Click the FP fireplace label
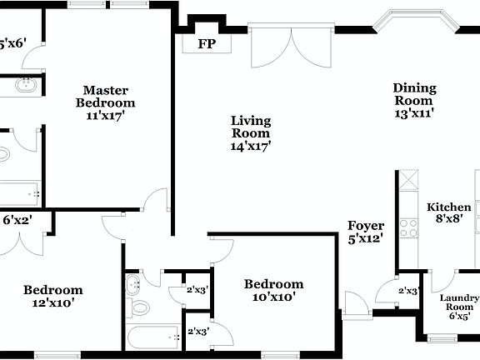(204, 43)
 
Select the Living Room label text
(251, 127)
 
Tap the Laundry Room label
(460, 305)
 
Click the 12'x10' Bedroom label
(52, 297)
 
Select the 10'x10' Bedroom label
(273, 290)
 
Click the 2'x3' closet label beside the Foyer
(407, 291)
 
